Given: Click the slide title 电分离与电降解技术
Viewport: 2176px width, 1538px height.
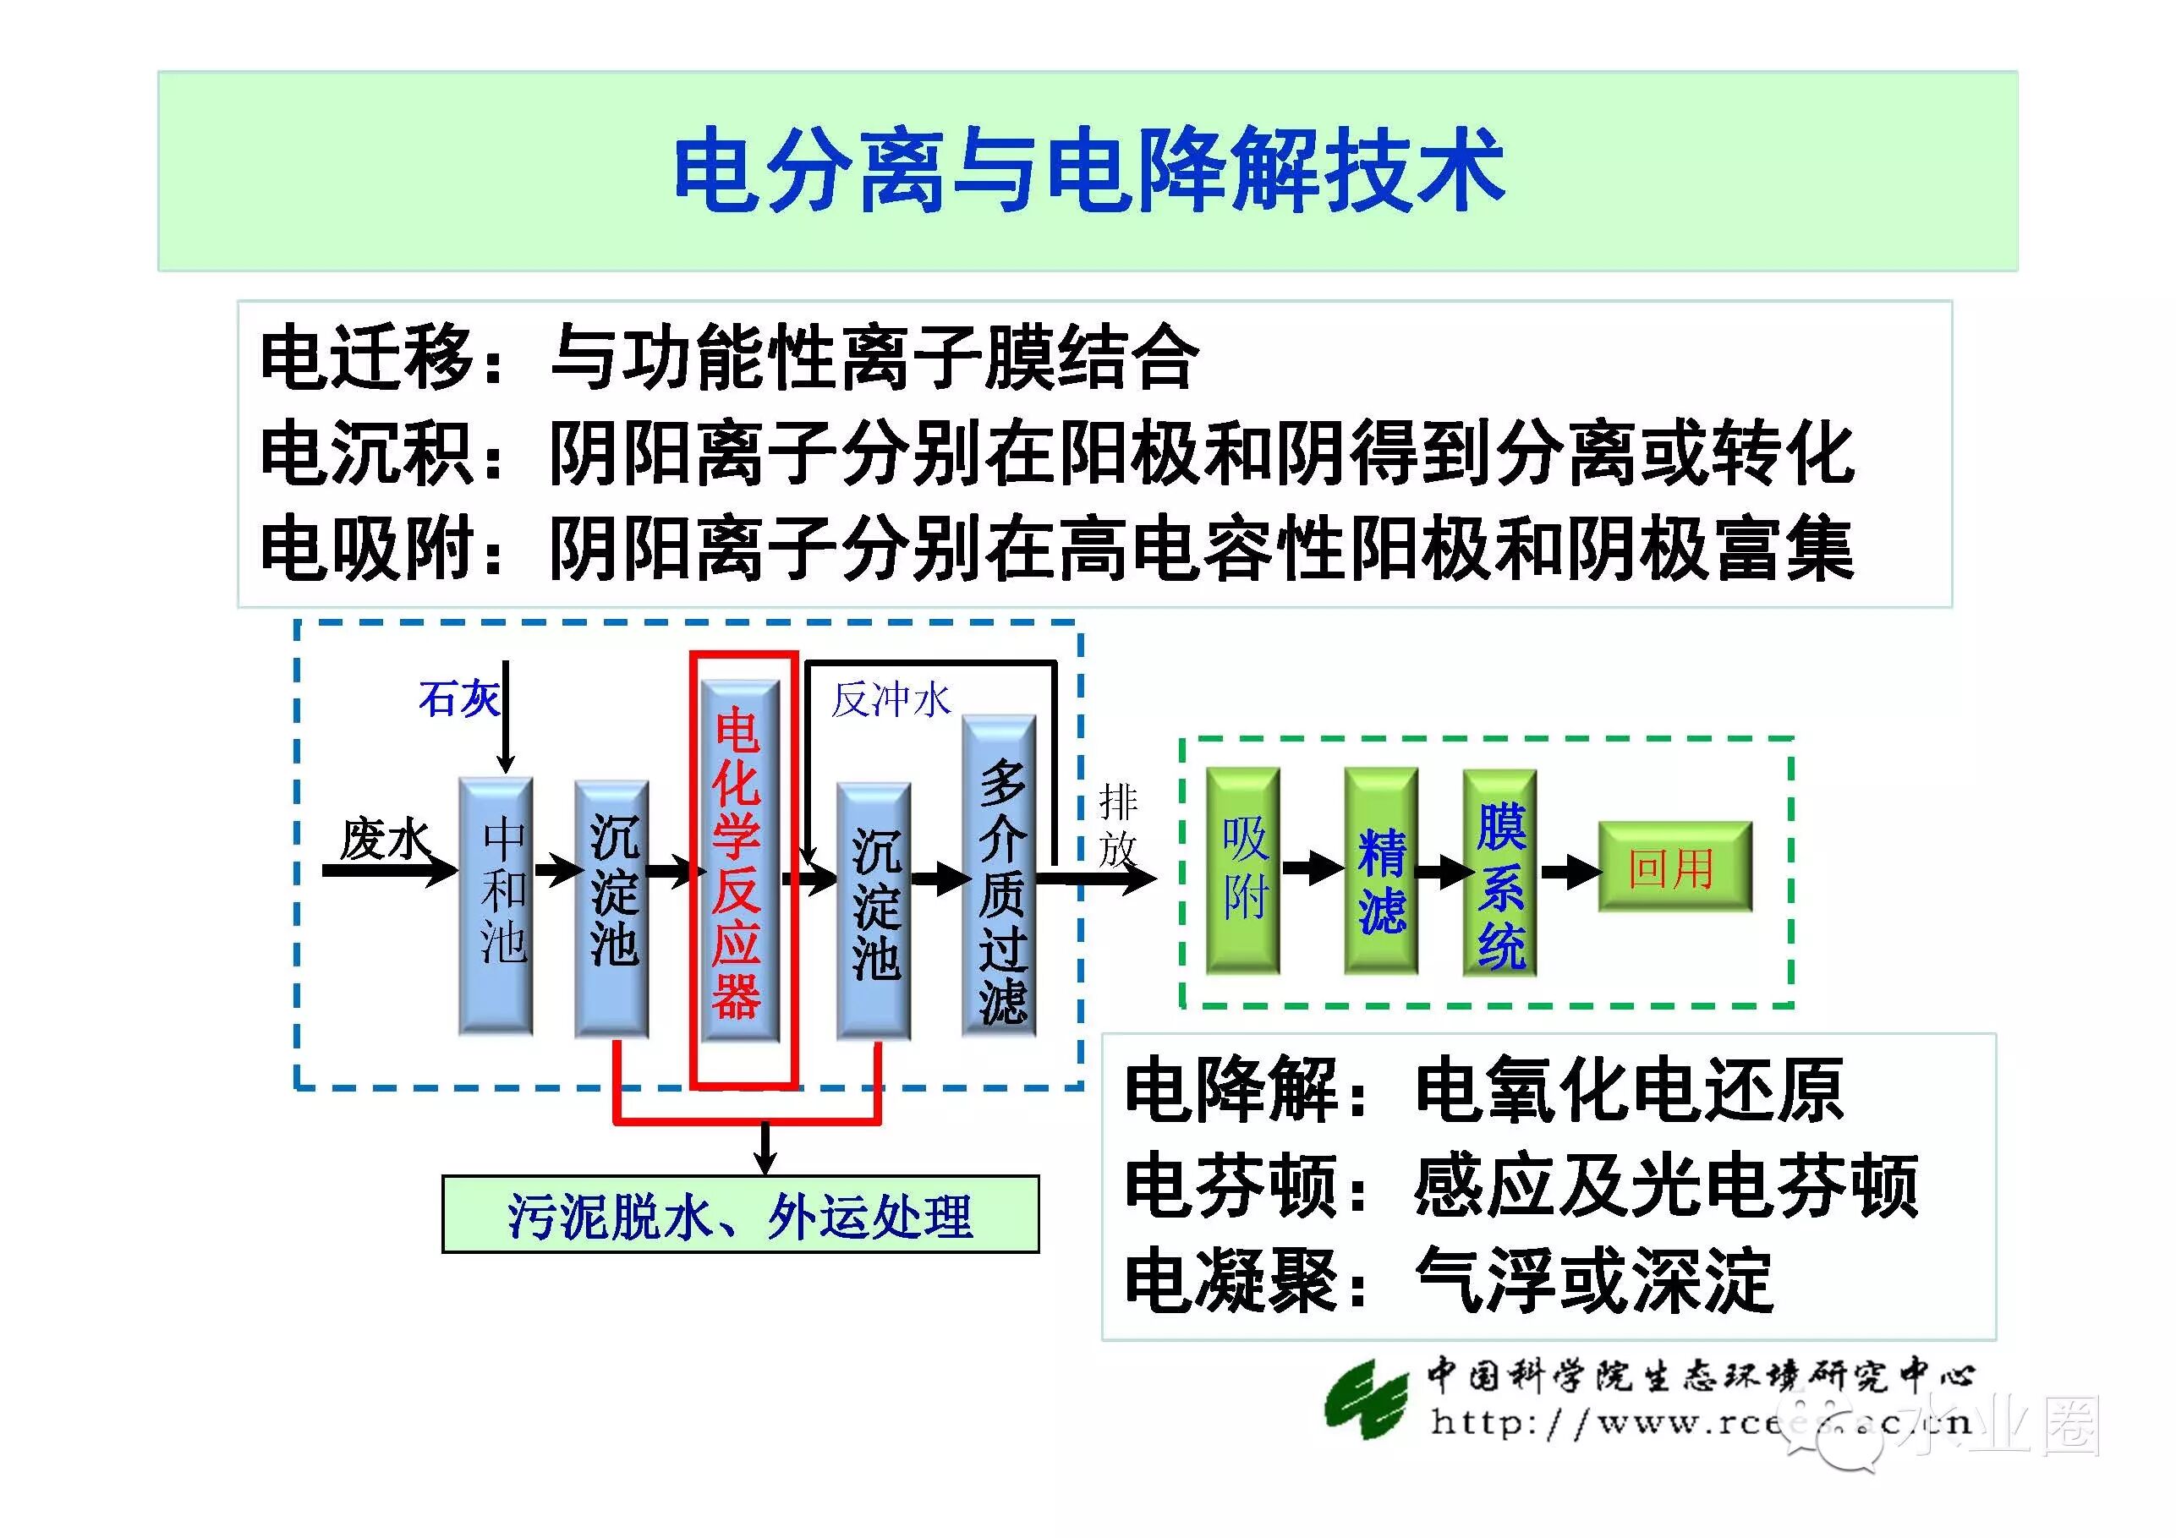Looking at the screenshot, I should click(1088, 171).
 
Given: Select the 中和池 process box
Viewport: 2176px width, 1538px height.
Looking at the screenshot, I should click(496, 905).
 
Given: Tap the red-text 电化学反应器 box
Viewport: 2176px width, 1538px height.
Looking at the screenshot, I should click(739, 862).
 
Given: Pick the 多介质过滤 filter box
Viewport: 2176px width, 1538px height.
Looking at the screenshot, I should click(1000, 877).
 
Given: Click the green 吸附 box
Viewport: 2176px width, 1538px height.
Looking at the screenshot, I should click(1243, 870).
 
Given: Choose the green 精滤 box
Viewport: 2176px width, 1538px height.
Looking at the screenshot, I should click(1381, 870).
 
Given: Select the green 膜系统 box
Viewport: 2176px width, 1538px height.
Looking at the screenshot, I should click(1500, 872).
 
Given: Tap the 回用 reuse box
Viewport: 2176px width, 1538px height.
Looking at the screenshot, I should click(1674, 867).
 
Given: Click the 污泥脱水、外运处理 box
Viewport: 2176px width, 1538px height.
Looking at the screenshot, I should click(740, 1215).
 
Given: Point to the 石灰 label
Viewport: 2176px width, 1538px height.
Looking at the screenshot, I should click(458, 699).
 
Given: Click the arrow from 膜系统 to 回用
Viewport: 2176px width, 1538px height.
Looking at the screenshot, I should click(1569, 870).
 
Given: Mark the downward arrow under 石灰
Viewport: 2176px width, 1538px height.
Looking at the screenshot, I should click(506, 720).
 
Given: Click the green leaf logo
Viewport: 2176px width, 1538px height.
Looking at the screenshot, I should click(1365, 1399).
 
